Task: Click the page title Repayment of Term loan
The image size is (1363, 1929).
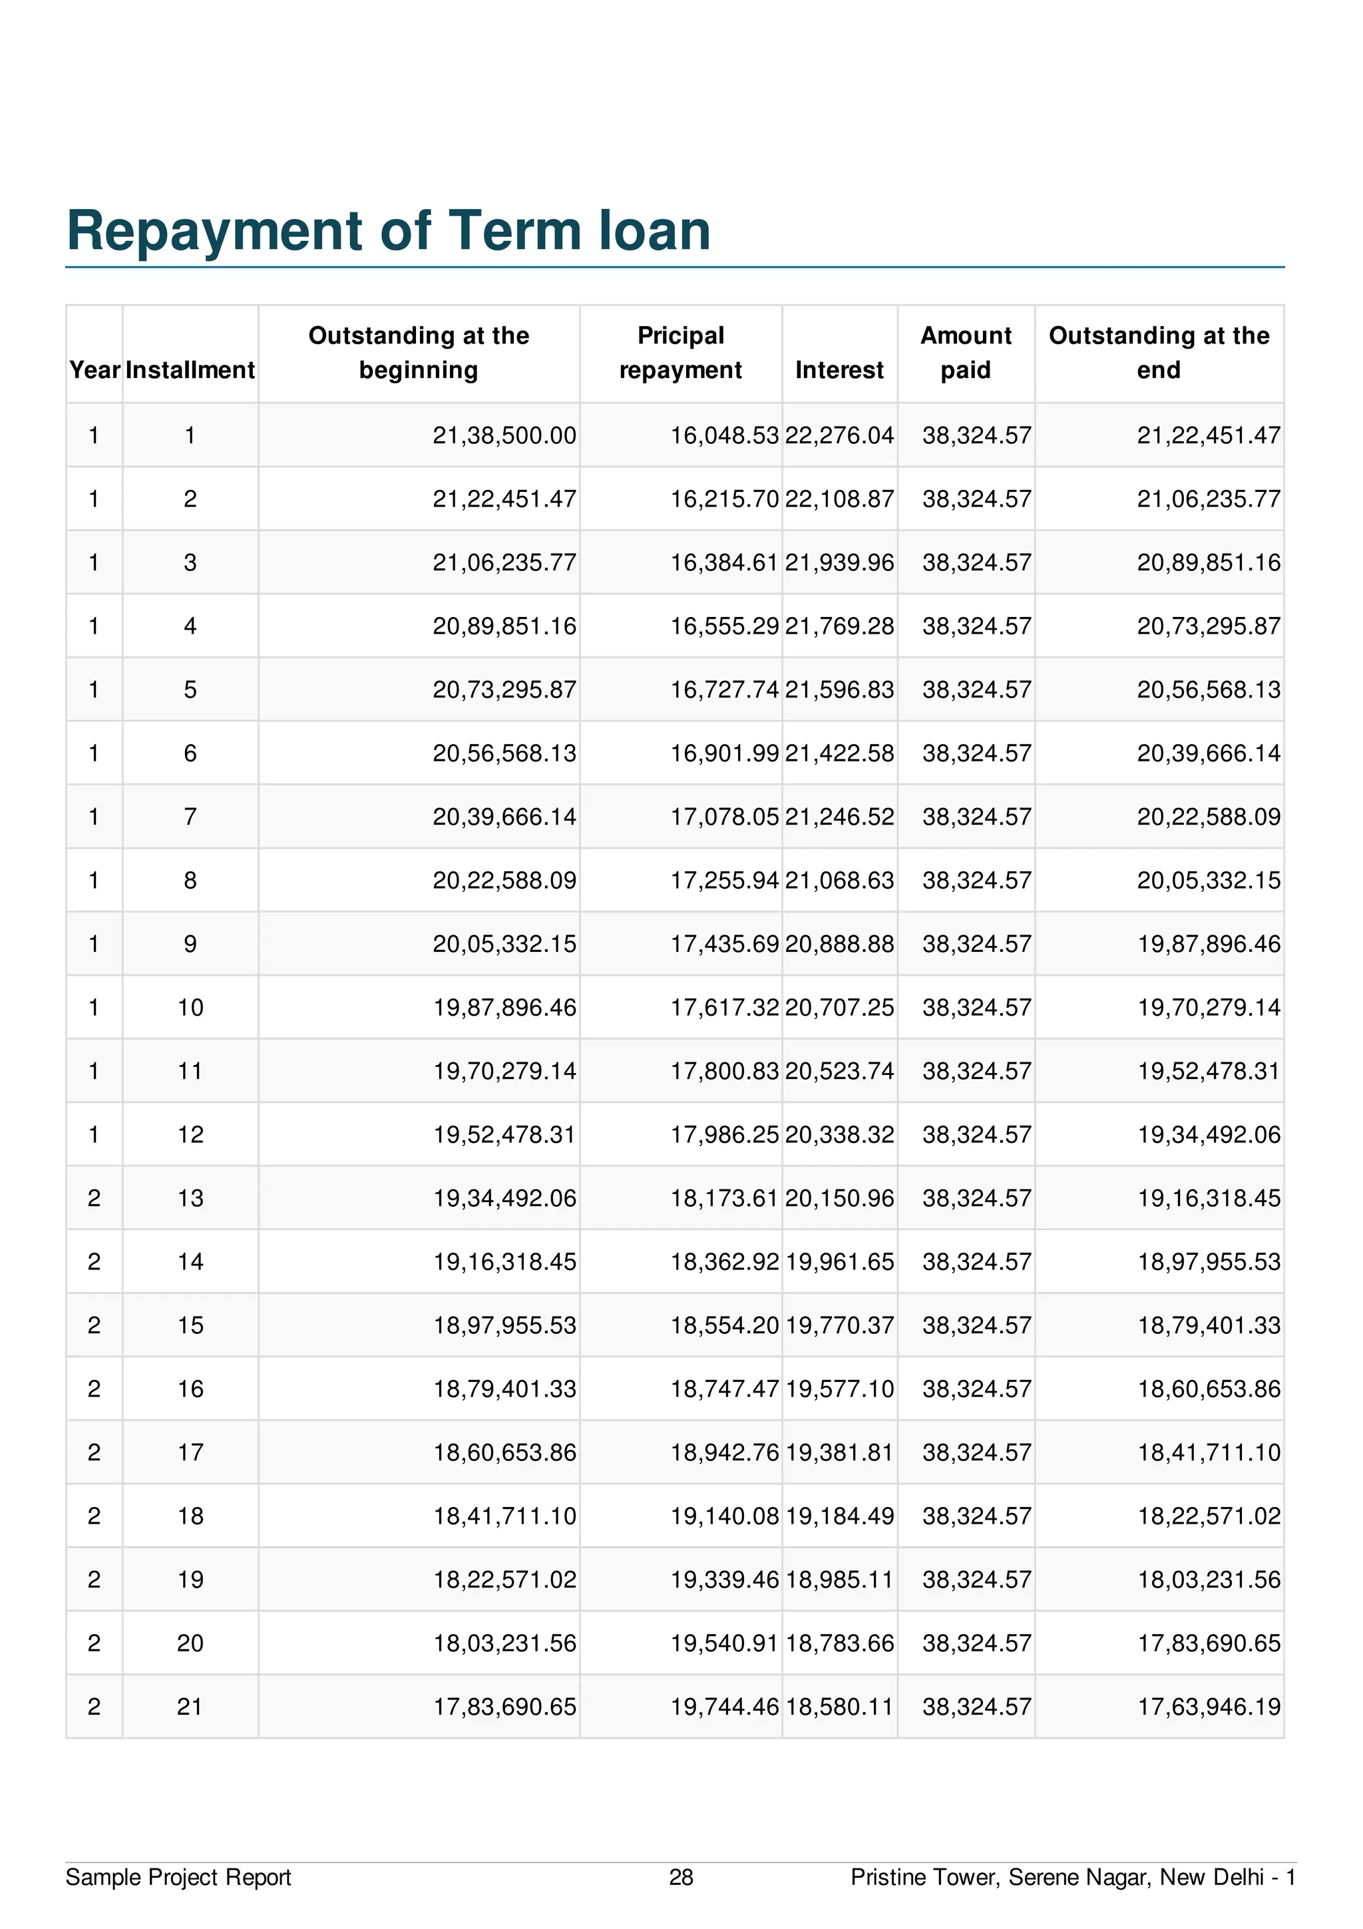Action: click(x=388, y=230)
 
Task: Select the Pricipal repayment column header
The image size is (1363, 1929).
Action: click(x=680, y=353)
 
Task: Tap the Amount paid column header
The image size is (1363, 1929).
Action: click(x=966, y=353)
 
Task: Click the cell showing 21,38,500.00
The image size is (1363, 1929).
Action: click(x=504, y=435)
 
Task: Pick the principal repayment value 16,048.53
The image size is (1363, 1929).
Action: click(x=724, y=435)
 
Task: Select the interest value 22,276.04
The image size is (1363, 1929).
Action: click(x=839, y=435)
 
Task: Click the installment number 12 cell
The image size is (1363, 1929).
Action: click(x=190, y=1134)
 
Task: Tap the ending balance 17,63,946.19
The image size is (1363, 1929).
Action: click(x=1209, y=1707)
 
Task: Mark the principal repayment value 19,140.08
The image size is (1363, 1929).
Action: click(x=724, y=1516)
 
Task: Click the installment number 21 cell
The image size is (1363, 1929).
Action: click(x=190, y=1707)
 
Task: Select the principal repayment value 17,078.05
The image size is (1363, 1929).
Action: click(x=724, y=817)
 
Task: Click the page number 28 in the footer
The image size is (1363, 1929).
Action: click(x=681, y=1877)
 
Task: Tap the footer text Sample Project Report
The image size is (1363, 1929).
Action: click(x=178, y=1877)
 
